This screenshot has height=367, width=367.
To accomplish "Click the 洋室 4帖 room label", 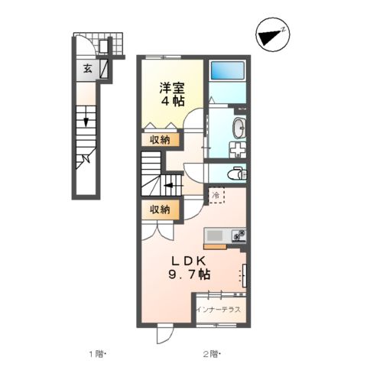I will pyautogui.click(x=171, y=93).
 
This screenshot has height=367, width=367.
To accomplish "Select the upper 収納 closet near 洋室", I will pyautogui.click(x=160, y=140).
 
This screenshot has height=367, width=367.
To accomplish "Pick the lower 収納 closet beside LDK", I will pyautogui.click(x=160, y=209).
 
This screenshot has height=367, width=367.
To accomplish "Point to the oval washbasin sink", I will pyautogui.click(x=238, y=126).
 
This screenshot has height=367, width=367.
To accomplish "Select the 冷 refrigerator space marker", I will pyautogui.click(x=216, y=195).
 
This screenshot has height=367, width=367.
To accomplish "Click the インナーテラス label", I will pyautogui.click(x=219, y=309).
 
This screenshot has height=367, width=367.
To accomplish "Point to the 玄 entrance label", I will pyautogui.click(x=87, y=69).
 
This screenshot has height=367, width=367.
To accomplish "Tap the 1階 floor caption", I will pyautogui.click(x=96, y=353).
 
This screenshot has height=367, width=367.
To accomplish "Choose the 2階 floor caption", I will pyautogui.click(x=211, y=353).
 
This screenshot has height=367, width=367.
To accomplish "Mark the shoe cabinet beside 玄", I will pyautogui.click(x=104, y=70).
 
